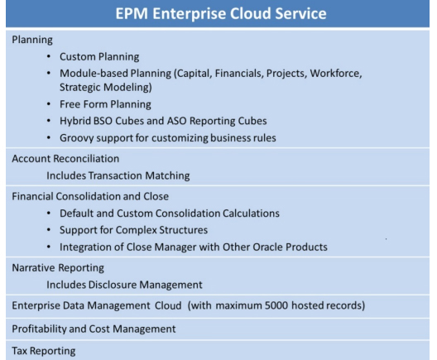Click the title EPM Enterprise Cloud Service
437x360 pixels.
point(218,16)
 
